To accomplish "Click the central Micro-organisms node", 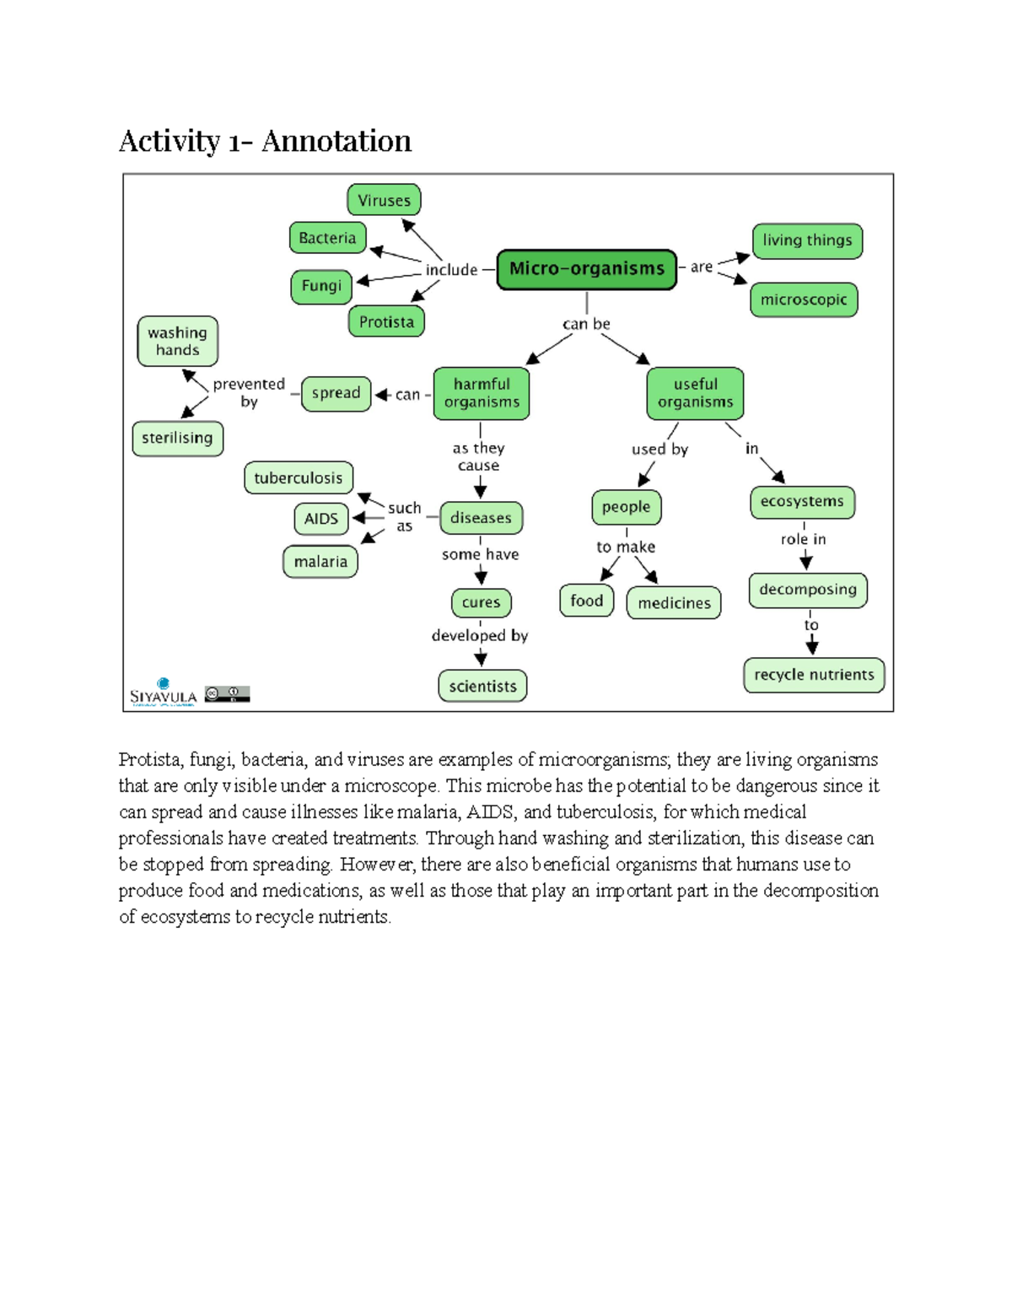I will click(x=587, y=269).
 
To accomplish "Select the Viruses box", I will click(x=384, y=200).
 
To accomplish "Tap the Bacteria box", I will click(x=327, y=238).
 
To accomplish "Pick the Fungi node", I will click(x=321, y=286).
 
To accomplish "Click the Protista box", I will click(x=386, y=321).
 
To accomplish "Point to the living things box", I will click(x=807, y=240).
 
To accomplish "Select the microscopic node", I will click(x=804, y=299).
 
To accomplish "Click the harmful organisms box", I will click(x=482, y=393).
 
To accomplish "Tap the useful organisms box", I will click(x=696, y=393).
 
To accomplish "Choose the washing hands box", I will click(x=177, y=342).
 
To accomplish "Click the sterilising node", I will click(x=177, y=438).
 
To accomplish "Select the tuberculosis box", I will click(x=299, y=478).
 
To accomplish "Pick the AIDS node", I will click(x=321, y=519).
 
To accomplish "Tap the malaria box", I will click(x=320, y=562).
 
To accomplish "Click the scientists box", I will click(x=482, y=686).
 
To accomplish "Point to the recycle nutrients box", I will click(x=814, y=675).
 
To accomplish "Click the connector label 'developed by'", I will click(x=480, y=635).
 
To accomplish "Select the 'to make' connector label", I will click(x=626, y=547).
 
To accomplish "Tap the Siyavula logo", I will click(x=164, y=693).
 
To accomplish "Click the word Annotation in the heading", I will click(x=336, y=141).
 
